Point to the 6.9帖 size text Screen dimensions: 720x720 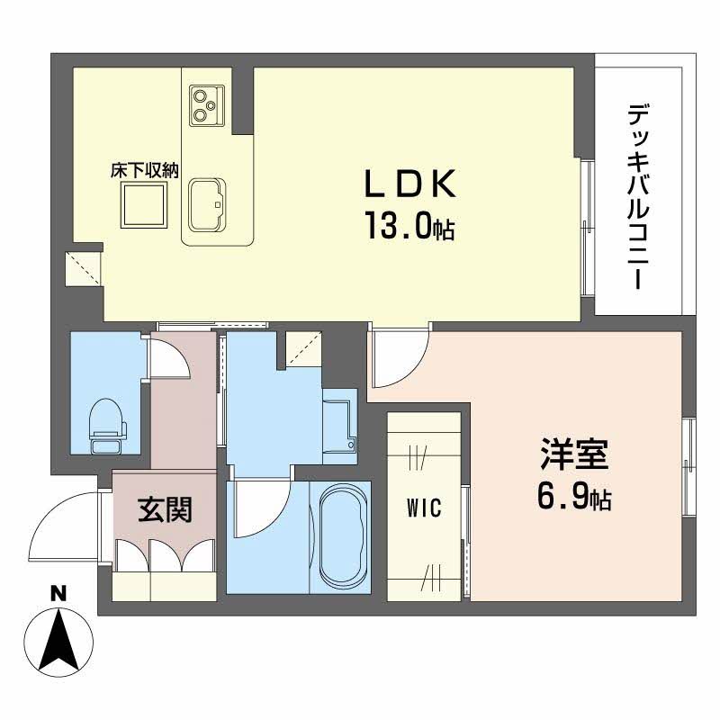(x=574, y=498)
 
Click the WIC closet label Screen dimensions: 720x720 (x=423, y=508)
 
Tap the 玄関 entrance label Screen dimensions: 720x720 (x=164, y=510)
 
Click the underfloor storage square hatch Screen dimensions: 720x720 (x=145, y=206)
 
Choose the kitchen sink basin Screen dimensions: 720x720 (x=210, y=204)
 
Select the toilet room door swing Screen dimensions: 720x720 (x=168, y=359)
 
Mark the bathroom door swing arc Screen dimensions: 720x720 (x=261, y=508)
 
